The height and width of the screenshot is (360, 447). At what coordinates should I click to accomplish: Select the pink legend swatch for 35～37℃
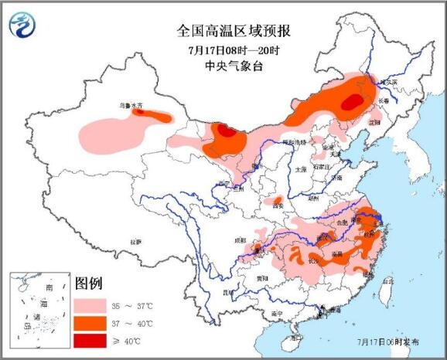pos(89,304)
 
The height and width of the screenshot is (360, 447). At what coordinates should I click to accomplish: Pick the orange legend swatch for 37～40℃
pos(89,322)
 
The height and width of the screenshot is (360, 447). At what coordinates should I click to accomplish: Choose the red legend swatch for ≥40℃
pos(89,339)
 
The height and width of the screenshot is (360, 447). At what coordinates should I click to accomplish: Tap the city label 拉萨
pos(136,243)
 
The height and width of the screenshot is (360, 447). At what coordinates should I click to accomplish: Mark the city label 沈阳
pos(375,122)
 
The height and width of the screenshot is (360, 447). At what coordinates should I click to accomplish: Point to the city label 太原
pos(301,168)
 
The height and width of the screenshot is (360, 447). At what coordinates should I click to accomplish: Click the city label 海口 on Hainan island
pos(295,338)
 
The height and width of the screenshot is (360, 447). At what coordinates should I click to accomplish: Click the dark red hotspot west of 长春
pos(353,101)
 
